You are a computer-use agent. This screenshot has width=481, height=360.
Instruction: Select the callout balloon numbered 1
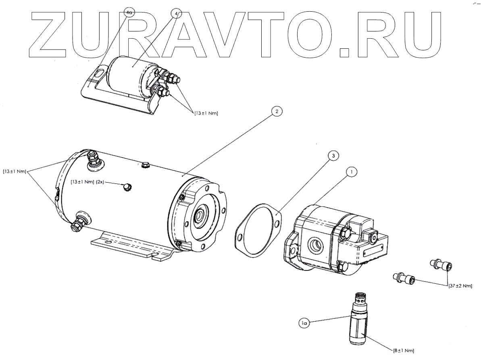tap(352, 172)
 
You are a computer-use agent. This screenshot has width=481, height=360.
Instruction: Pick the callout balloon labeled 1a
tap(305, 322)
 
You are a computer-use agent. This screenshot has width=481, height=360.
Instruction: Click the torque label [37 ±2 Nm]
tap(460, 286)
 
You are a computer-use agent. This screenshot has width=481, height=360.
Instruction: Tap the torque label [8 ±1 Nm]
tap(403, 350)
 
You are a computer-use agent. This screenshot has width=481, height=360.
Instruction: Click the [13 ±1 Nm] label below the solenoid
tap(206, 114)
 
